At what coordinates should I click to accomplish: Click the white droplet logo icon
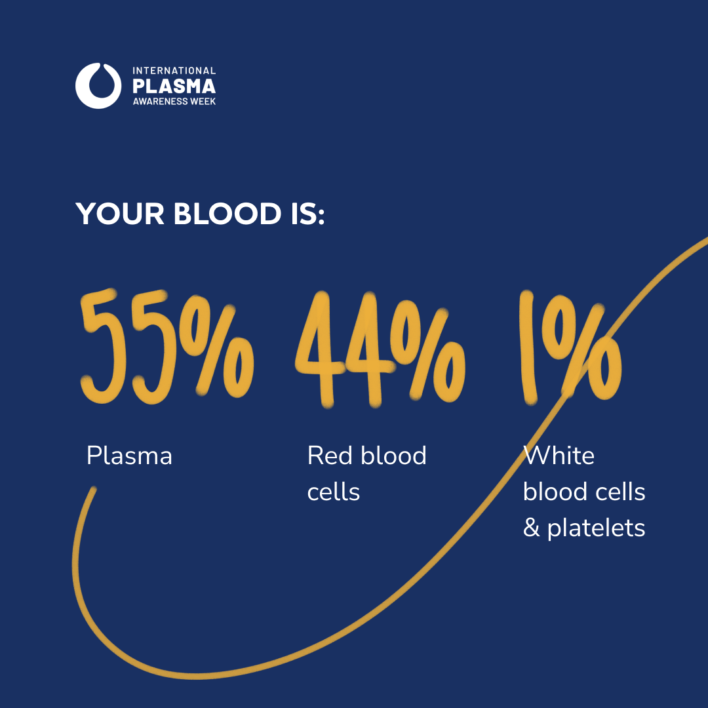pyautogui.click(x=98, y=85)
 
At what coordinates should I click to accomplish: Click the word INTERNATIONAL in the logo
pyautogui.click(x=174, y=70)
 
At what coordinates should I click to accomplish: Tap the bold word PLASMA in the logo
pyautogui.click(x=174, y=86)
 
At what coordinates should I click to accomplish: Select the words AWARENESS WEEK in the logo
pyautogui.click(x=174, y=102)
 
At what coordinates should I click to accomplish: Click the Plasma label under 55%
pyautogui.click(x=129, y=456)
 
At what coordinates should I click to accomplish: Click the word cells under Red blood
pyautogui.click(x=334, y=492)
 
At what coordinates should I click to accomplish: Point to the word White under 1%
pyautogui.click(x=559, y=456)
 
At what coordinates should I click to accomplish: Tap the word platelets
pyautogui.click(x=596, y=528)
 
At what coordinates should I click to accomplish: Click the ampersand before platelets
pyautogui.click(x=531, y=528)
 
